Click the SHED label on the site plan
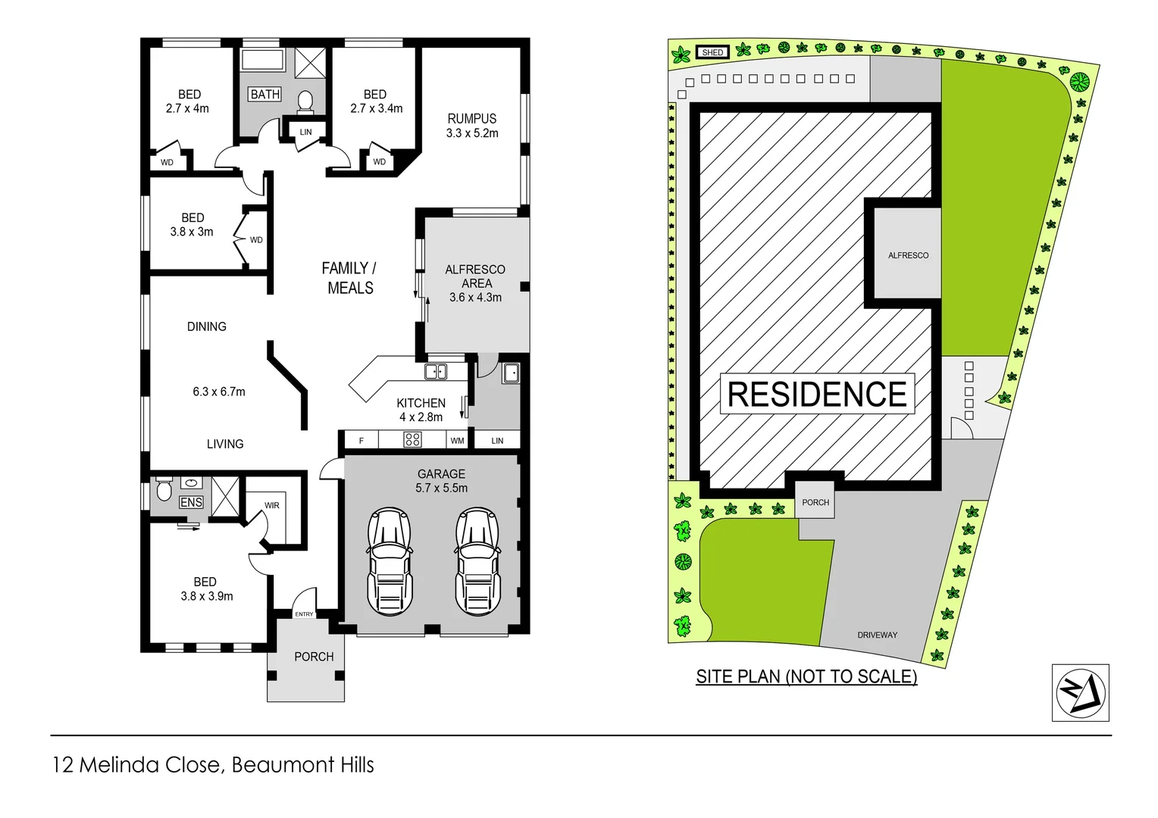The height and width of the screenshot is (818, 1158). tap(712, 52)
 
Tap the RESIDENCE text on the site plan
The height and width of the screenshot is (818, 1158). tap(817, 395)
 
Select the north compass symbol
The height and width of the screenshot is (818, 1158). tap(1080, 692)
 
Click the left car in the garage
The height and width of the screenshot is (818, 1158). tap(390, 560)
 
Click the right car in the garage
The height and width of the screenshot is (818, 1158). tap(477, 560)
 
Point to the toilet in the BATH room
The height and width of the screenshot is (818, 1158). tap(305, 101)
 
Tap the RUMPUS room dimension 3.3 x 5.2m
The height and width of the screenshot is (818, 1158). tap(472, 133)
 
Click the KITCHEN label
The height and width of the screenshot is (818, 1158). tap(421, 403)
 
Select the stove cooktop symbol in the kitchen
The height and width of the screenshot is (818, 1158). tap(412, 439)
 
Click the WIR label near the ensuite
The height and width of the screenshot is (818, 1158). tap(272, 505)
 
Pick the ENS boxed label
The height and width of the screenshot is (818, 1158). tap(191, 502)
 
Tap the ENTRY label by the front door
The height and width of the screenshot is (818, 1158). tap(304, 614)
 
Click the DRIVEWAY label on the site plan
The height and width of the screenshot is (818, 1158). tap(877, 635)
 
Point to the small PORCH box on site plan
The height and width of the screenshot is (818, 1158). tap(815, 502)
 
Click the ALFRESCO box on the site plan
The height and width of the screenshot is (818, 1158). tap(908, 255)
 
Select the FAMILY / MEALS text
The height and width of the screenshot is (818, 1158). tap(349, 278)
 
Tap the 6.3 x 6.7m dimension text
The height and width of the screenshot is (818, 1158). tap(219, 392)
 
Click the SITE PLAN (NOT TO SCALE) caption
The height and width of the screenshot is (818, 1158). tap(806, 676)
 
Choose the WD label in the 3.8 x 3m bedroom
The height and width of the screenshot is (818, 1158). tap(256, 240)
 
